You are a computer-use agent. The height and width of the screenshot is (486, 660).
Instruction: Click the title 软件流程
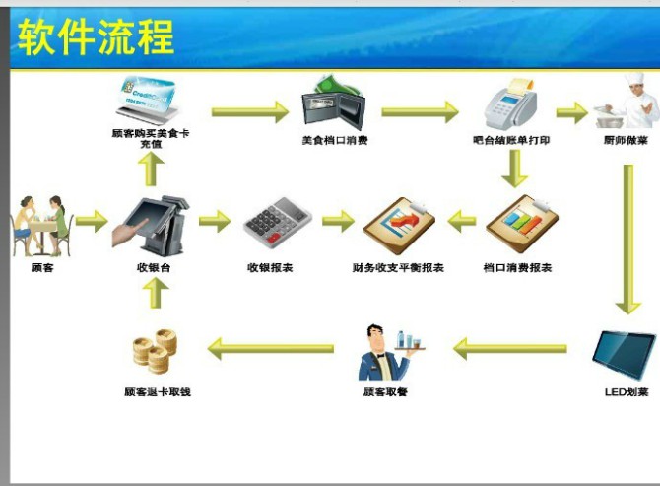pos(96,36)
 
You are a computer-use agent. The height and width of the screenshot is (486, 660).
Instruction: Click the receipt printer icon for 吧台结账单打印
pos(509,106)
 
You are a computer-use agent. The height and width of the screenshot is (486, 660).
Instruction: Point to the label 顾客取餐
pos(385,392)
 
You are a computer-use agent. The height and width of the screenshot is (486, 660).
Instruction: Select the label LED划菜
pos(626,392)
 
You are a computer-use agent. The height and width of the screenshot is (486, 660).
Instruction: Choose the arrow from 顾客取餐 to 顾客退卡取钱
pos(271,348)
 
